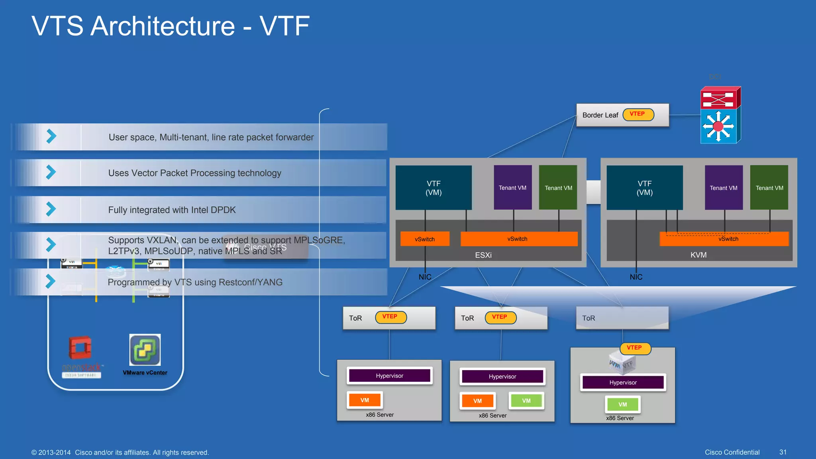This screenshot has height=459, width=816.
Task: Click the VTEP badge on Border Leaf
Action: point(638,114)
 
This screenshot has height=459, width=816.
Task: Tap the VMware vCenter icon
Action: point(145,350)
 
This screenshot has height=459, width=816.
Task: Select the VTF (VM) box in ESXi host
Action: point(433,188)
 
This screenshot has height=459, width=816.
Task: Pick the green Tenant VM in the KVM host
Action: point(769,188)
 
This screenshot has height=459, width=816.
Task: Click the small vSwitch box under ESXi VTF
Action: point(425,239)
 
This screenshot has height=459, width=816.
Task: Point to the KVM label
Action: point(698,255)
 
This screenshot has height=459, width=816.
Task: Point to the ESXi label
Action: point(483,255)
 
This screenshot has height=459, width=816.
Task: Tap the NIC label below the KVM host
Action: point(636,277)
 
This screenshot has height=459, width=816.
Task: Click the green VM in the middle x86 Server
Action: point(526,401)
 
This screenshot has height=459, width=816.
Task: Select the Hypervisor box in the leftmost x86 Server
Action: point(390,376)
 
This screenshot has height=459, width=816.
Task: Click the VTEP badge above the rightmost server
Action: point(635,348)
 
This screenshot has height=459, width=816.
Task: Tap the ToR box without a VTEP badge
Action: point(622,318)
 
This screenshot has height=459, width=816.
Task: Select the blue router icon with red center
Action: point(718,126)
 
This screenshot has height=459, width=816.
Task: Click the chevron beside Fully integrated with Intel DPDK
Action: point(51,209)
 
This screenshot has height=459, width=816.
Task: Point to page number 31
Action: point(783,452)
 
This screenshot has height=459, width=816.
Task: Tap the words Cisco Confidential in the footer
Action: point(732,452)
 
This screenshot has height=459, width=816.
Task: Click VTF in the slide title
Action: point(284,26)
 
